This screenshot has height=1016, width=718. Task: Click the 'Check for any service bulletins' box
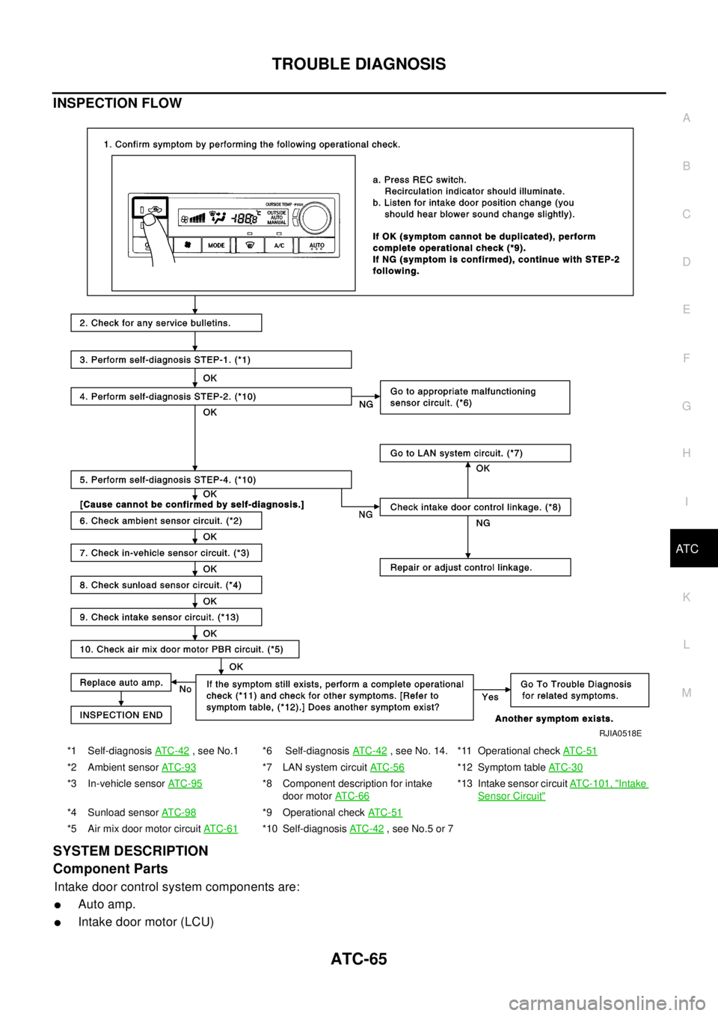click(166, 323)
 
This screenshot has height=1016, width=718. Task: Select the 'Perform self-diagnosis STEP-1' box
click(211, 360)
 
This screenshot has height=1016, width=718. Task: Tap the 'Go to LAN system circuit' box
click(475, 453)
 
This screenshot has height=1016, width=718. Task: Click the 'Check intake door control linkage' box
click(475, 507)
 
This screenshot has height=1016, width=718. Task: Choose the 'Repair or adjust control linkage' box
click(475, 568)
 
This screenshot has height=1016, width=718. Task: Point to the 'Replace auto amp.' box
click(121, 682)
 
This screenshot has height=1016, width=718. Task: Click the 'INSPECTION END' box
click(121, 715)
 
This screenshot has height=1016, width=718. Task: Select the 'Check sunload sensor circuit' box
click(166, 585)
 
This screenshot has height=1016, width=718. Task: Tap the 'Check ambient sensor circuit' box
click(166, 521)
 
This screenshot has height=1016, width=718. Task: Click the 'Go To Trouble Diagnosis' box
click(579, 690)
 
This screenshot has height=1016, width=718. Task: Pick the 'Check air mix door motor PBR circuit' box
click(185, 649)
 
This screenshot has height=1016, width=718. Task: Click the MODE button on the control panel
click(216, 245)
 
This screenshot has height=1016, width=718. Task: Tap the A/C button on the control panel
click(279, 245)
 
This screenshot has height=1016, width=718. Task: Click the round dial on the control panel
click(316, 218)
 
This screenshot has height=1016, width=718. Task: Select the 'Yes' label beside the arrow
click(490, 697)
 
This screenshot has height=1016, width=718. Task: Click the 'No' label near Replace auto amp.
click(185, 690)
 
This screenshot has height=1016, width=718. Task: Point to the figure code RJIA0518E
click(620, 734)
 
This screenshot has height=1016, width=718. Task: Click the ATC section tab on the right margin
click(687, 549)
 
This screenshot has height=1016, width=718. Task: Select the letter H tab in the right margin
click(687, 453)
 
